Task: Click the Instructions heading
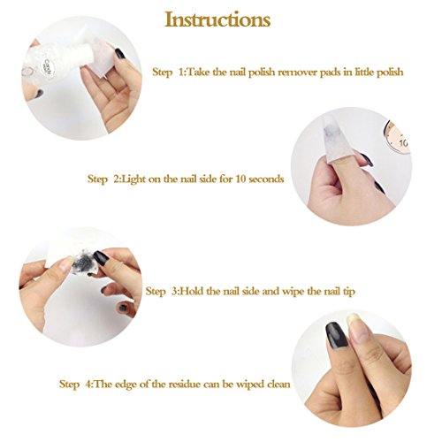pos(217,19)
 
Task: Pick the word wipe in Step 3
pos(293,292)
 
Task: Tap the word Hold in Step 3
pos(192,291)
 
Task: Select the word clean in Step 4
pos(278,385)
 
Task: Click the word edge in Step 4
pos(126,385)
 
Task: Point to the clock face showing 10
pos(398,139)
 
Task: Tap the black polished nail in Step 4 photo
pos(337,335)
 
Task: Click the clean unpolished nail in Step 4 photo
pos(358,328)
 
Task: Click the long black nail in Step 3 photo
pos(100,257)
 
